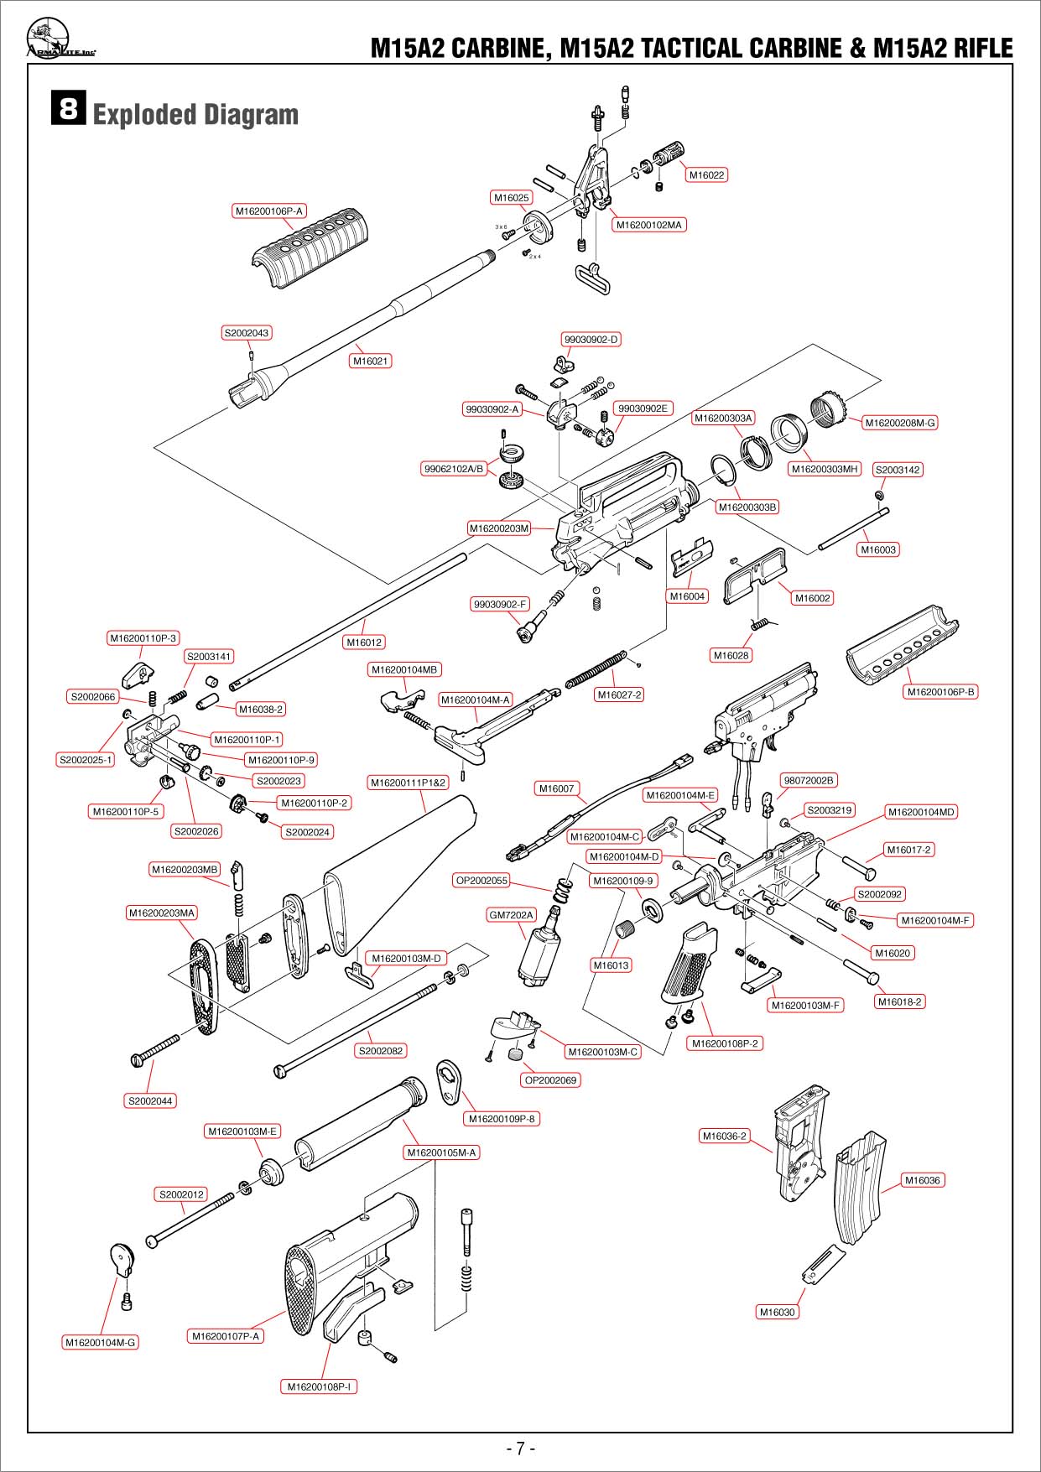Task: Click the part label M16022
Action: coord(706,175)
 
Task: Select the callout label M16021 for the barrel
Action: coord(370,361)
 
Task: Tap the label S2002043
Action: coord(247,333)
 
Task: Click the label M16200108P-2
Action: coord(725,1043)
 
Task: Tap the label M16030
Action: coord(777,1312)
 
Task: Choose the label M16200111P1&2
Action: coord(409,783)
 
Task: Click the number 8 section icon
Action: coord(69,109)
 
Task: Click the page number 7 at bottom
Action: coord(520,1448)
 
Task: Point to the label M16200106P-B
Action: coord(941,692)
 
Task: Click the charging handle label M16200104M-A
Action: coord(476,700)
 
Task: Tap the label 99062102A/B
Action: coord(454,469)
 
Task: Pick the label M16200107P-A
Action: coord(226,1336)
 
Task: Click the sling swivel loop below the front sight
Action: coord(593,278)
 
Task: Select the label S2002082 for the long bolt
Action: coord(381,1051)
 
